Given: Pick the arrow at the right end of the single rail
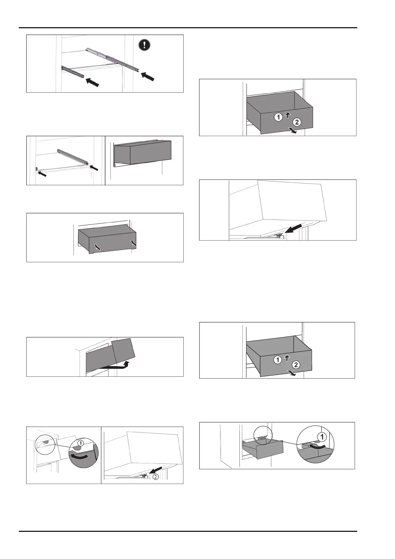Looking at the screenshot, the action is pos(94,168).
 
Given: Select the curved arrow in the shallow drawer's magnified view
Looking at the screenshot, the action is pos(317,446).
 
